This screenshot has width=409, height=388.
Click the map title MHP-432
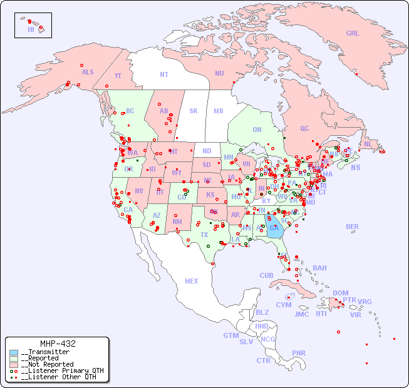[58, 344]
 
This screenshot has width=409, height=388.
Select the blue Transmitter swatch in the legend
[14, 352]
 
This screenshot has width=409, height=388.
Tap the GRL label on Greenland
[353, 34]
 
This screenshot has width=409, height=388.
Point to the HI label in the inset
[31, 29]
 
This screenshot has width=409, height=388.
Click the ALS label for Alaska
[88, 73]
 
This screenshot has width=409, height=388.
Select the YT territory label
[118, 76]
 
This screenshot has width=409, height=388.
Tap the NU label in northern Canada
[219, 74]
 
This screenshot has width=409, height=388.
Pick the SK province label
[194, 111]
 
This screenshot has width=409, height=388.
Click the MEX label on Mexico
[192, 282]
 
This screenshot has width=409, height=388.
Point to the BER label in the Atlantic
[353, 227]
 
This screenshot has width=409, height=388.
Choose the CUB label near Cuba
[266, 275]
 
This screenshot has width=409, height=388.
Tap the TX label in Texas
[204, 235]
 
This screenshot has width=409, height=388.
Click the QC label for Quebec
[304, 129]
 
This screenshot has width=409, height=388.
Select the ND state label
[207, 151]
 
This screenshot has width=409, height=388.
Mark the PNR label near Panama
[299, 353]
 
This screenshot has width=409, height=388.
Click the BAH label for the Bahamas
[319, 268]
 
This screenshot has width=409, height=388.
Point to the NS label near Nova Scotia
[356, 168]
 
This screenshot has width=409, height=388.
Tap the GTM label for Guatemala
[230, 335]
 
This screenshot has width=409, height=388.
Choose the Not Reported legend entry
[47, 364]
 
